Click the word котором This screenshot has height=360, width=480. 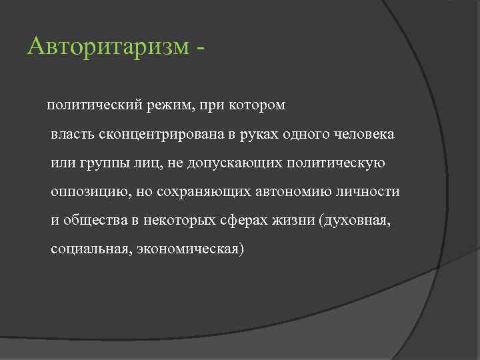pos(257,105)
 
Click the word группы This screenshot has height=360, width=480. pos(97,163)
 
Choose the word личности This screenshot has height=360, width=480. pos(372,192)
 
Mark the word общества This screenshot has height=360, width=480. pos(93,221)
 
